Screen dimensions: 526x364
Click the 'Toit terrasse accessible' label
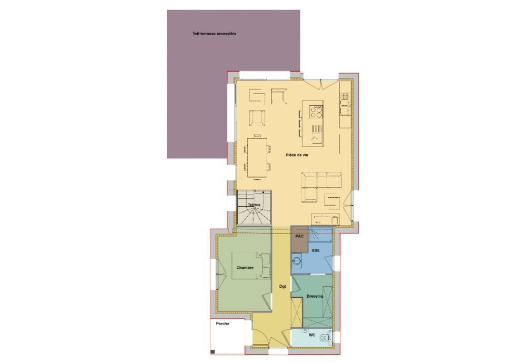click(x=215, y=34)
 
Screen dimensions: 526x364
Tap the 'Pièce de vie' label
click(x=297, y=155)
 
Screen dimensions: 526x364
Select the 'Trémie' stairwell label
click(x=254, y=205)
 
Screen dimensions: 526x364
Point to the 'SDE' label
click(x=316, y=250)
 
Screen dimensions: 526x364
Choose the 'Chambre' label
click(x=245, y=268)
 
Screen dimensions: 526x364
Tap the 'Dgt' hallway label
click(x=283, y=287)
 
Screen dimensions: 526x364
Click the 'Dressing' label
click(x=315, y=296)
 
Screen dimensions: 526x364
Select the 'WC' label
click(x=312, y=335)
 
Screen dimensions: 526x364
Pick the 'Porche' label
click(x=222, y=323)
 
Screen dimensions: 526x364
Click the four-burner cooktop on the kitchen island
click(x=316, y=112)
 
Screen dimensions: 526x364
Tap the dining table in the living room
click(x=257, y=157)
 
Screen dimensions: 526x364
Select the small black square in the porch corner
click(x=213, y=351)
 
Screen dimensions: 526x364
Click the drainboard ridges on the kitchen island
click(x=317, y=129)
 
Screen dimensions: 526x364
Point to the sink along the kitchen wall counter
click(x=345, y=110)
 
